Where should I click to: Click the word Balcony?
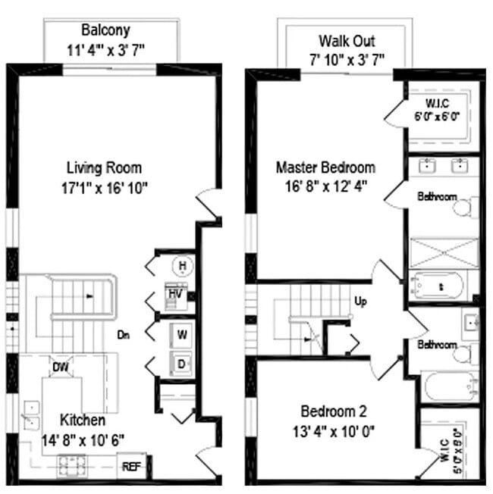105,31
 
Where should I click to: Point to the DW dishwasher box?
60,367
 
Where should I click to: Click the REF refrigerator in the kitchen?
133,467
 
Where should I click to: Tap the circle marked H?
181,265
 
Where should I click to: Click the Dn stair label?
127,333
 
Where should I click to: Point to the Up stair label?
361,301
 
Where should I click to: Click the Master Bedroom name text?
325,167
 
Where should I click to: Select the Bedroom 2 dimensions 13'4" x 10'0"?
334,430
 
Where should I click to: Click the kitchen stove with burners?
73,461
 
